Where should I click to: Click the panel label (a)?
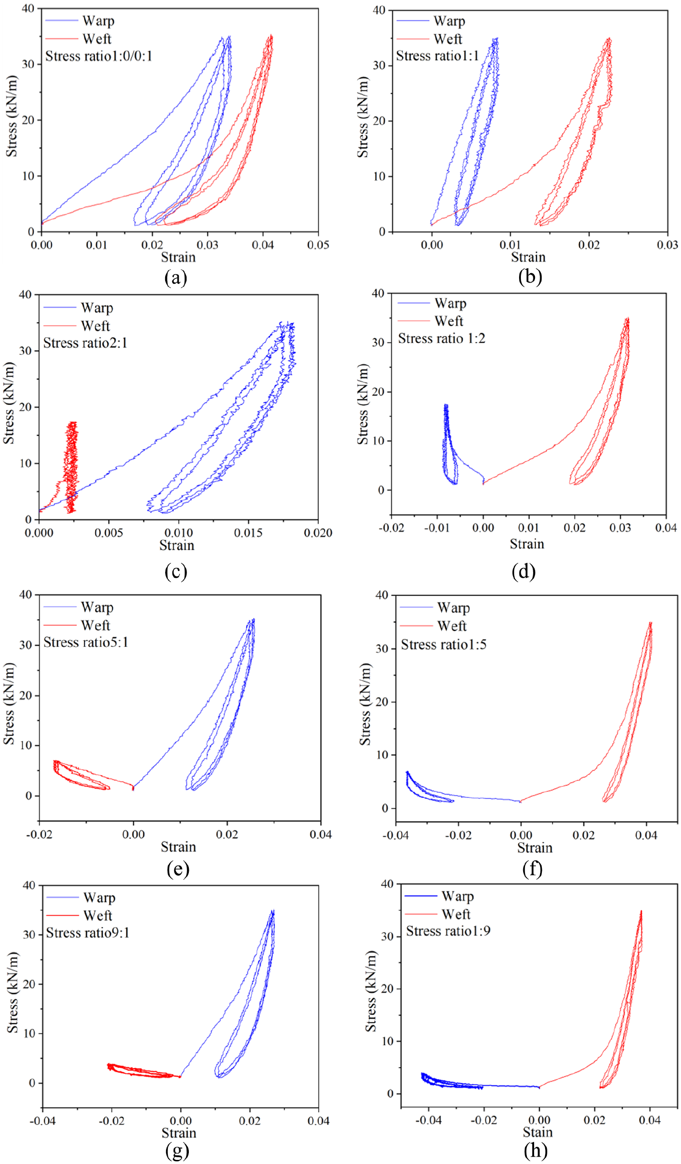[176, 278]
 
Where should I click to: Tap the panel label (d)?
[523, 572]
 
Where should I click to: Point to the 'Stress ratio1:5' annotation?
[443, 644]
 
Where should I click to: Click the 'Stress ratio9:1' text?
[88, 932]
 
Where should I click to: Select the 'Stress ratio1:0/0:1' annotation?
[99, 57]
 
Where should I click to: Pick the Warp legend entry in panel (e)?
[78, 607]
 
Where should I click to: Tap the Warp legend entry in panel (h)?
[439, 896]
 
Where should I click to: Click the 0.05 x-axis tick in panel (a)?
[318, 245]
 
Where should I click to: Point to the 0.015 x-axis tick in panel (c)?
[248, 533]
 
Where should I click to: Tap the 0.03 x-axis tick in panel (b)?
[667, 245]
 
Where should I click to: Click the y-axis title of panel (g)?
[12, 992]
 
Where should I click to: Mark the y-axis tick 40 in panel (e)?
[26, 594]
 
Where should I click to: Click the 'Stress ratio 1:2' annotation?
[442, 339]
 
